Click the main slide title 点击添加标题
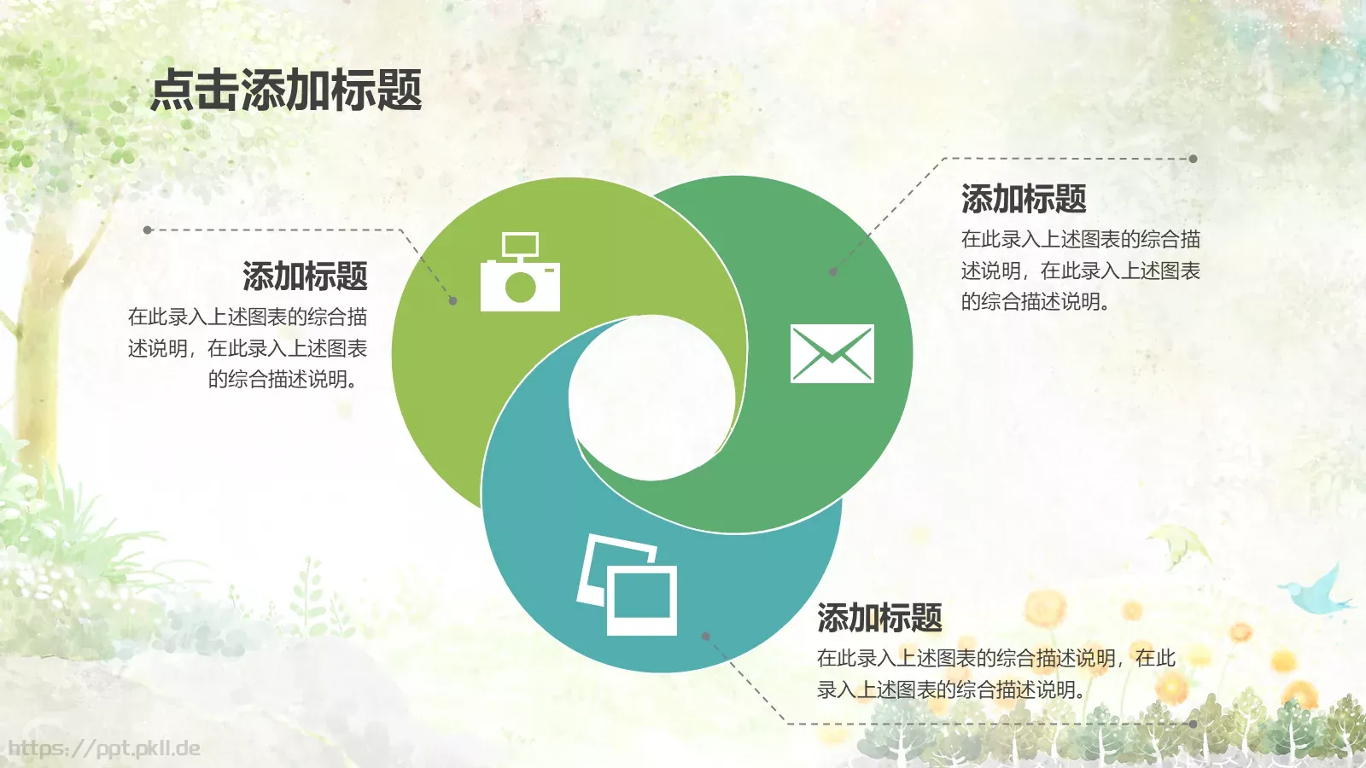(x=286, y=90)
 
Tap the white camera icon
(x=520, y=275)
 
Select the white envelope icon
(x=832, y=353)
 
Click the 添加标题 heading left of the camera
(x=305, y=276)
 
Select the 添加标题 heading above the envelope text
(x=1024, y=199)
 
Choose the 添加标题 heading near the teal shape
(x=879, y=618)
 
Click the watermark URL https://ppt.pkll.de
(x=104, y=748)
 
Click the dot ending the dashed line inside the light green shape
(x=453, y=300)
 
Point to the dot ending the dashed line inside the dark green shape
(x=833, y=272)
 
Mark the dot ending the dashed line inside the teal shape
(x=705, y=636)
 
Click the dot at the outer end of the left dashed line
(x=148, y=230)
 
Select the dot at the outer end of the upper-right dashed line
(x=1193, y=159)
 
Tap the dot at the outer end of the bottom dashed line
(x=1193, y=724)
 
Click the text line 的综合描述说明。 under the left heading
(x=283, y=379)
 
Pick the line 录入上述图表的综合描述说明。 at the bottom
(x=951, y=689)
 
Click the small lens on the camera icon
(x=520, y=287)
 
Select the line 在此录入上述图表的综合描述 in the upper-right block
(x=1080, y=239)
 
